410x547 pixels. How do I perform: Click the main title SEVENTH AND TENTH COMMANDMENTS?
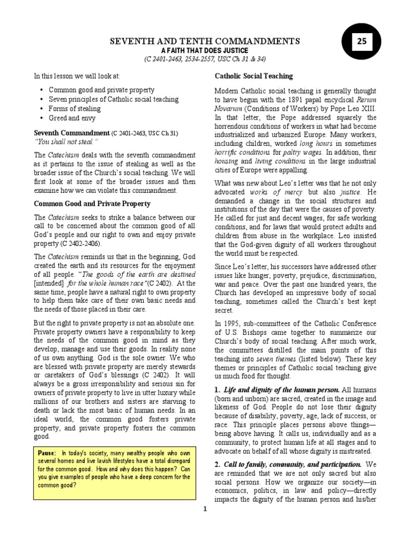[x=204, y=41]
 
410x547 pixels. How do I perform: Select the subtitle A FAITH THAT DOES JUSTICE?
[x=205, y=50]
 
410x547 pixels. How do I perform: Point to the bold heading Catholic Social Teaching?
[x=254, y=76]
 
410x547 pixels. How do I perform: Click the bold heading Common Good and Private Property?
[x=92, y=204]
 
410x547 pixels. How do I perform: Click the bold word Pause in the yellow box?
[x=48, y=454]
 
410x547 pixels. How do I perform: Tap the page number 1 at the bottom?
[x=204, y=509]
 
